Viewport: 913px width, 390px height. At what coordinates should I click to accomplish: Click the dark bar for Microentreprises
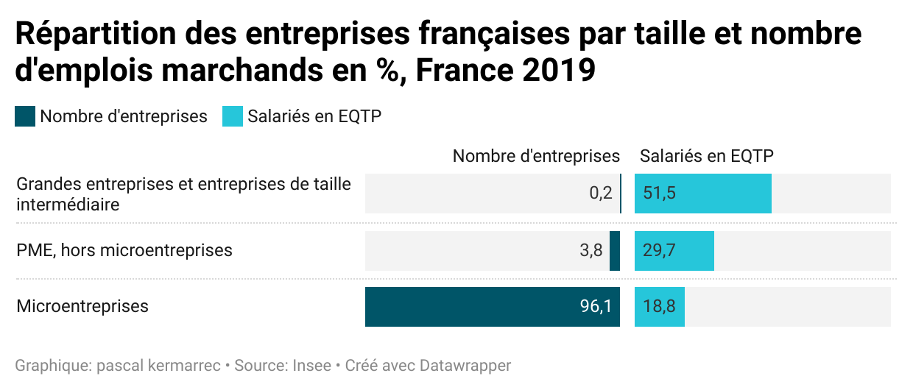click(492, 307)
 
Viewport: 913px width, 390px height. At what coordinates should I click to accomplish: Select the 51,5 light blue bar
click(702, 194)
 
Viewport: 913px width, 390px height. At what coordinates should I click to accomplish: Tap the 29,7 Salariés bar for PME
click(674, 250)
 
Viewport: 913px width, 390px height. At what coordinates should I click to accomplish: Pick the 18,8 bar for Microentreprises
click(659, 307)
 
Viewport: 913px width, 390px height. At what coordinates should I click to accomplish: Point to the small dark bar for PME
click(615, 250)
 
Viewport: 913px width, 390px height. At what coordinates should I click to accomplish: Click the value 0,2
click(601, 194)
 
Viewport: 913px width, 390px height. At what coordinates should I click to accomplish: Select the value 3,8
click(591, 250)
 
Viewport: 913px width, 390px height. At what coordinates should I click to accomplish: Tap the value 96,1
click(596, 307)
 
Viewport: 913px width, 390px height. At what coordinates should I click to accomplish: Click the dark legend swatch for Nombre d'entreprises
click(25, 116)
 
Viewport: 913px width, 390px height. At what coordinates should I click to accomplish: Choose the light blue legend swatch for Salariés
click(233, 116)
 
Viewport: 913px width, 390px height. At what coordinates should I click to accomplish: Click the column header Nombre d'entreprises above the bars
click(536, 156)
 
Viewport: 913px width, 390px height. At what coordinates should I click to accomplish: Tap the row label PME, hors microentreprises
click(124, 250)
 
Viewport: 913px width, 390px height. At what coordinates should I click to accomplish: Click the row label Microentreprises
click(82, 306)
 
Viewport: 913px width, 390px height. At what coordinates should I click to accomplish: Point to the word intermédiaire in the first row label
click(68, 204)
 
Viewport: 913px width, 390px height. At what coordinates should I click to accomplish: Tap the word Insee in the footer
click(311, 366)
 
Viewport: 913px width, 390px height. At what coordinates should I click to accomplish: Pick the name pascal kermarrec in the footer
click(158, 366)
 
